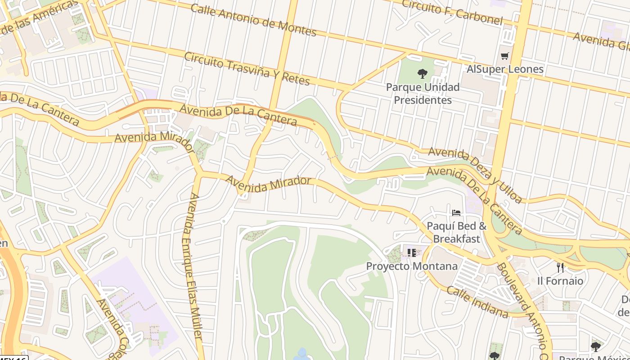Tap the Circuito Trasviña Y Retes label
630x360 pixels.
point(247,69)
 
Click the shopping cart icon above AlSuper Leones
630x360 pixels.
point(504,56)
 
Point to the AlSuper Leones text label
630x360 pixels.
point(505,69)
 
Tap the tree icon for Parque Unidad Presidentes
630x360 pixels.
point(422,73)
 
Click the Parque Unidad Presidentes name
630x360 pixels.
point(423,93)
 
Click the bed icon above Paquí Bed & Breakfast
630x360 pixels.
point(456,213)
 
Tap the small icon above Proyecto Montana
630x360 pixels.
point(411,253)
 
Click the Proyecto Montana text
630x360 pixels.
point(411,266)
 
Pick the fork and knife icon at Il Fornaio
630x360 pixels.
point(560,268)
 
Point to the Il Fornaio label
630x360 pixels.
point(560,281)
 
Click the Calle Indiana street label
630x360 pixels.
point(477,302)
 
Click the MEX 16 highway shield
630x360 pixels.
point(13,358)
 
